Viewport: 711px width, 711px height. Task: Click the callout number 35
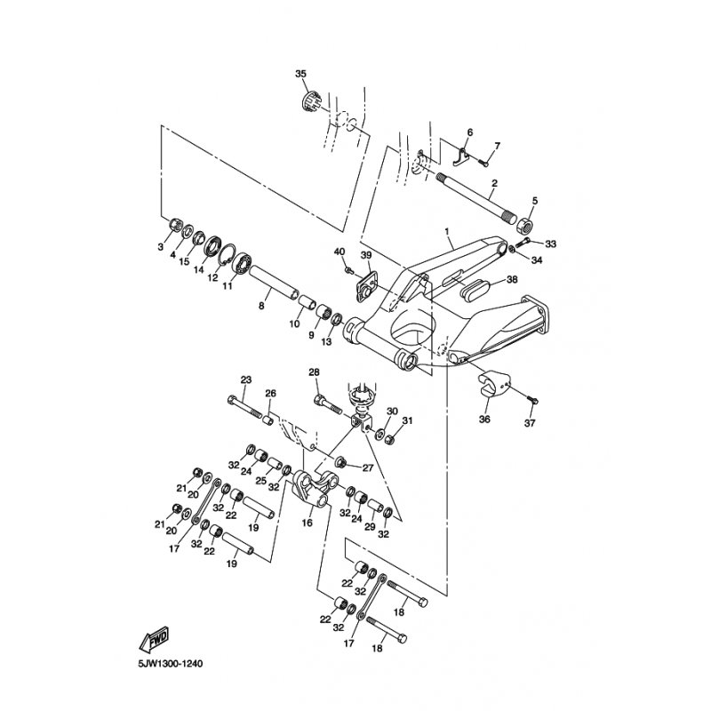pos(300,73)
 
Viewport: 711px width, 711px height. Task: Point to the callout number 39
pos(364,256)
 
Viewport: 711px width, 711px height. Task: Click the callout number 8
pos(261,306)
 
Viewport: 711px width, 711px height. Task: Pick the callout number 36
pos(484,419)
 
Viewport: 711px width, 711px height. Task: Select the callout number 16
pos(308,524)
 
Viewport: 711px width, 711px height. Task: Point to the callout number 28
pos(313,371)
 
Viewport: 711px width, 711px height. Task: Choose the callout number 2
pos(494,183)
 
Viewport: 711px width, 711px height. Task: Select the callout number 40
pos(340,252)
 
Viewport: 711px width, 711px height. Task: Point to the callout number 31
pos(407,420)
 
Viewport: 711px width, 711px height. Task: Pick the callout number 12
pos(213,277)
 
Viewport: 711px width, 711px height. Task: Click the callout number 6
pos(469,132)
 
